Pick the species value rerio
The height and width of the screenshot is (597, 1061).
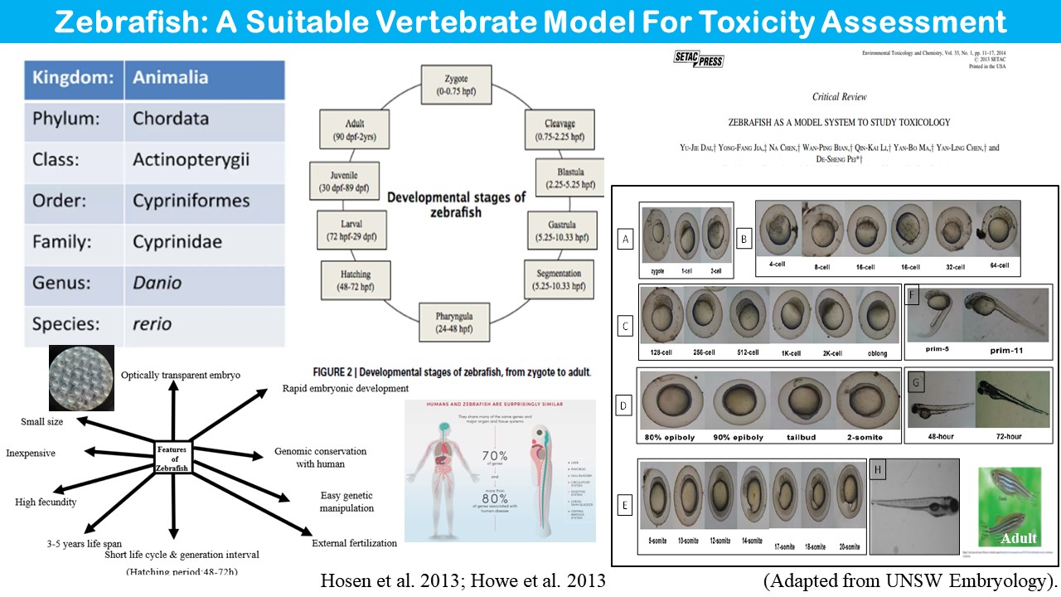coord(152,323)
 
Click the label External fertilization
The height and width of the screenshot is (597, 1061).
coord(354,543)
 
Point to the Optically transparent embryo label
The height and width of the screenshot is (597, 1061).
coord(181,376)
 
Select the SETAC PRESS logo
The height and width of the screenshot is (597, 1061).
coord(699,60)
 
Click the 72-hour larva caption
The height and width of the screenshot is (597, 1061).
coord(1006,436)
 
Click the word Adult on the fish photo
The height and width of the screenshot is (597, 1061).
coord(1019,538)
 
